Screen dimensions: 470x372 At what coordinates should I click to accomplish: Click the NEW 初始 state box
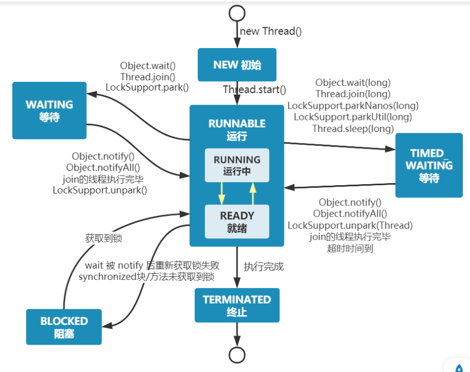coord(237,65)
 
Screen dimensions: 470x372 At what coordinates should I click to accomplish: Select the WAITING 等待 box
coord(50,111)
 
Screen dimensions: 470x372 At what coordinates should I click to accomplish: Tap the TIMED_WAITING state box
coord(429,165)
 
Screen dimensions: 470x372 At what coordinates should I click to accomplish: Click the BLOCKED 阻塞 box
coord(64,327)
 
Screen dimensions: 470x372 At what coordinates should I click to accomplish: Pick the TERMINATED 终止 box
coord(237,305)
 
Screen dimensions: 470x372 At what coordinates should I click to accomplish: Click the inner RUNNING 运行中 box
coord(237,165)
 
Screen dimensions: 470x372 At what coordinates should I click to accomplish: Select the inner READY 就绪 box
coord(237,221)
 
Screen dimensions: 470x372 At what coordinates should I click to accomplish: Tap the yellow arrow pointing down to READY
coord(222,194)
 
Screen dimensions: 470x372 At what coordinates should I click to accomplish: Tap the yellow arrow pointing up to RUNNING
coord(253,194)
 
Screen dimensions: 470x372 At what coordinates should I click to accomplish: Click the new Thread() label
coord(271,31)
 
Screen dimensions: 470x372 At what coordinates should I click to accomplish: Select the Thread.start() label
coord(254,90)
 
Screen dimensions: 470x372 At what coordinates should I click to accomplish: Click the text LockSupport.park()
coord(147,87)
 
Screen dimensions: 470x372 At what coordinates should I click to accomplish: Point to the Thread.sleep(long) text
coord(353,129)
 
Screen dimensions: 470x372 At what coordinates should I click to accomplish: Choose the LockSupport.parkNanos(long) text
coord(353,106)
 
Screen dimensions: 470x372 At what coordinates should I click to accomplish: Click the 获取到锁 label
coord(104,239)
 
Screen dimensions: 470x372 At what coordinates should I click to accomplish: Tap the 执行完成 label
coord(263,266)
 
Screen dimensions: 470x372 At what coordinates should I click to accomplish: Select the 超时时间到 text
coord(350,248)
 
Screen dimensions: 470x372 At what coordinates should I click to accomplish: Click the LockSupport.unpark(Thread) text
coord(350,226)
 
